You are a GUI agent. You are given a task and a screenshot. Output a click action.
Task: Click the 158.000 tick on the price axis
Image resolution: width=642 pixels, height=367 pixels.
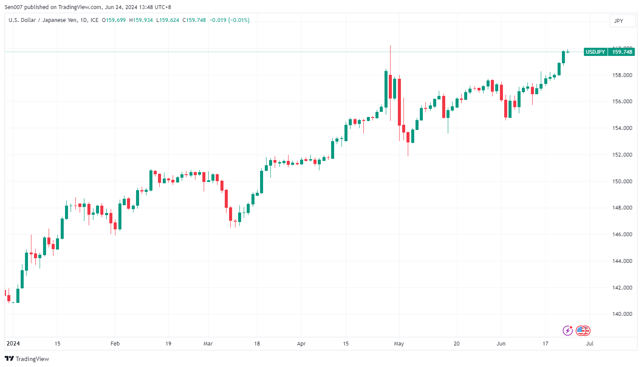[622, 75]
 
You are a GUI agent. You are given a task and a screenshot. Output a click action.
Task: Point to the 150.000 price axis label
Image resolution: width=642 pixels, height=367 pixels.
[622, 181]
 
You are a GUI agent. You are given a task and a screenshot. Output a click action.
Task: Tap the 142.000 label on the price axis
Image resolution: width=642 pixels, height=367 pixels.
[622, 287]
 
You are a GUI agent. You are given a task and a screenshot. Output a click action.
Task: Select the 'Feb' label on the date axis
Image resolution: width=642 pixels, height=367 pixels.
[115, 343]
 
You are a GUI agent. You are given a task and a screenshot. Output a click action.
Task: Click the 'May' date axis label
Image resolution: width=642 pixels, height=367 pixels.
[399, 343]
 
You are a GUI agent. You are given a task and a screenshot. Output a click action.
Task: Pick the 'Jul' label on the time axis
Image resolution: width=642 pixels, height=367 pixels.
[589, 343]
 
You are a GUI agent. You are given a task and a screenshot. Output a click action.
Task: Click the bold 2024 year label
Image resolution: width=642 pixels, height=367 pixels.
[13, 343]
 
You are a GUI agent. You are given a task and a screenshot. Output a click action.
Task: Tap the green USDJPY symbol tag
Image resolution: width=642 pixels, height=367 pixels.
[595, 52]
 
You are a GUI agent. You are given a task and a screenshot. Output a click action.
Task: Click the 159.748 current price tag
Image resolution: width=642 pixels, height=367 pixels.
[622, 52]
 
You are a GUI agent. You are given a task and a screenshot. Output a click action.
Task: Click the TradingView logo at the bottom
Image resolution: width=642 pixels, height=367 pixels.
[27, 359]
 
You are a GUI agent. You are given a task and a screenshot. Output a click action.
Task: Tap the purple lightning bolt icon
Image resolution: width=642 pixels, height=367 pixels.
[568, 330]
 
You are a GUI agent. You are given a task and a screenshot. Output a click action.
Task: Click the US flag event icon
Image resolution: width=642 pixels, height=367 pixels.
[582, 330]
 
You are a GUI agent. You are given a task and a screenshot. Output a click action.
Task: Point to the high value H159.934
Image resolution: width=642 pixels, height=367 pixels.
[141, 20]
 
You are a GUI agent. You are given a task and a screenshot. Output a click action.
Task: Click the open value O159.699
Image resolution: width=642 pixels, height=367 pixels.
[114, 20]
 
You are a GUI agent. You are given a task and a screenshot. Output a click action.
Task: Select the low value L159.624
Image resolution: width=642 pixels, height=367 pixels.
[167, 20]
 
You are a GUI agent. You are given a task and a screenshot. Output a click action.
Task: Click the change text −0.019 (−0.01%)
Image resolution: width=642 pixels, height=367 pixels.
[230, 20]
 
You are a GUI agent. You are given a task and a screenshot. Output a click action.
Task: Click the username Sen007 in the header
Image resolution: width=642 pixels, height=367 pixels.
[13, 7]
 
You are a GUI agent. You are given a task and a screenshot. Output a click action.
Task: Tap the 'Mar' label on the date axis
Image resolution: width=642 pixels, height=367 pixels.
[208, 343]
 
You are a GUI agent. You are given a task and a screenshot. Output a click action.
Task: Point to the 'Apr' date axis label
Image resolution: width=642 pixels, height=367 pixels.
[301, 343]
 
